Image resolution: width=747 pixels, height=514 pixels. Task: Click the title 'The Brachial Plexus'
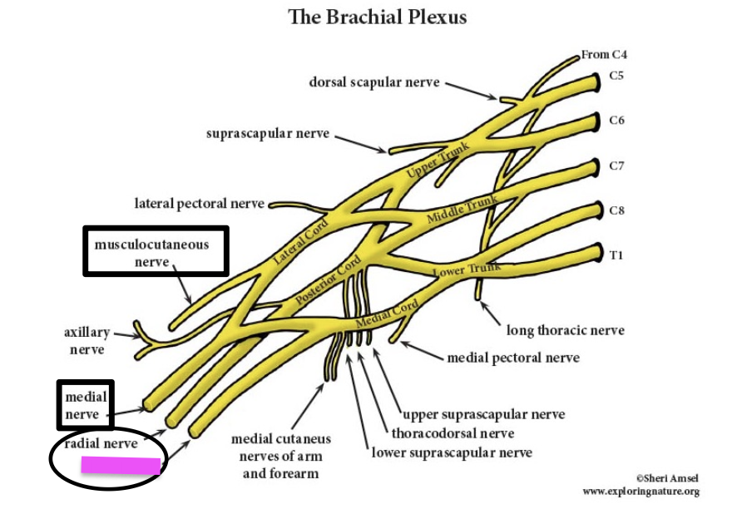click(x=377, y=17)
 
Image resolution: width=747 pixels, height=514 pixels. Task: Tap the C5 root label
click(x=616, y=76)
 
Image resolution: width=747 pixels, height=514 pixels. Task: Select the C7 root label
click(x=616, y=166)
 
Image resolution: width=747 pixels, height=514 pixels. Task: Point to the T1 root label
click(x=616, y=255)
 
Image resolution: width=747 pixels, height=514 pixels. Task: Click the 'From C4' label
click(x=604, y=55)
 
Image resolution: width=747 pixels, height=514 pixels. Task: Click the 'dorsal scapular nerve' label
click(x=374, y=82)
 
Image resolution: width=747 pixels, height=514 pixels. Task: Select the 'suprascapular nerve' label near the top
click(x=268, y=133)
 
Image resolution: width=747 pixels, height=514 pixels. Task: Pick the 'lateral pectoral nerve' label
click(x=200, y=203)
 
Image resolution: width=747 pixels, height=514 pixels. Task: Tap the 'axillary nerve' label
click(x=87, y=341)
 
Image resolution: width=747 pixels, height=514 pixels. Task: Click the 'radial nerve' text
click(x=101, y=443)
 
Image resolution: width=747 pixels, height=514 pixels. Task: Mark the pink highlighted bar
click(x=120, y=466)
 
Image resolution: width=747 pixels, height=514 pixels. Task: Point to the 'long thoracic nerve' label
click(x=565, y=330)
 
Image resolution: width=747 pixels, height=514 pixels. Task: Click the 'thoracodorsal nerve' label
click(x=453, y=433)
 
